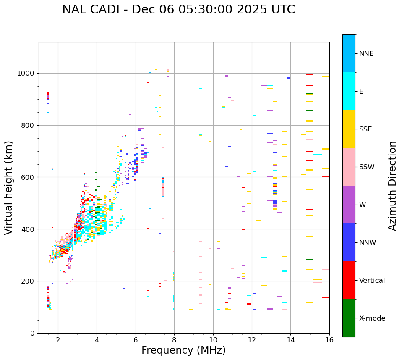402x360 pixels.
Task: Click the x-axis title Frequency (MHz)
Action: tap(183, 350)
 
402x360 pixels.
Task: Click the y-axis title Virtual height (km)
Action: tap(9, 187)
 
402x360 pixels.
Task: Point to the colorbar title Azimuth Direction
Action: tap(392, 185)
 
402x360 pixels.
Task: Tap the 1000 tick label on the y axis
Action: tap(26, 74)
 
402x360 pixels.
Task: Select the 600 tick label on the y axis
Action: tap(28, 177)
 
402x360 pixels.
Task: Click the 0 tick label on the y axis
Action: tap(32, 333)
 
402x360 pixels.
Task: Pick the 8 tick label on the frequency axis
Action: tap(174, 340)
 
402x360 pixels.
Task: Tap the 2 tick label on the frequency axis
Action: tap(58, 340)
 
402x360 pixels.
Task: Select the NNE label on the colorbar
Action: tap(366, 54)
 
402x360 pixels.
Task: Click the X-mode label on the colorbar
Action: tap(372, 318)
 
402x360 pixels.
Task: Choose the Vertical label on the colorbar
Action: tap(372, 281)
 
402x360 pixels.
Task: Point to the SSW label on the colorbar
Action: tap(367, 167)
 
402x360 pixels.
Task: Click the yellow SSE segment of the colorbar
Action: tap(349, 129)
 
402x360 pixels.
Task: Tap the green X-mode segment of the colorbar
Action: tap(349, 318)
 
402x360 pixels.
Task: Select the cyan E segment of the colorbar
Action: tap(349, 91)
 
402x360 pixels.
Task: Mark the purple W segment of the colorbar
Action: tap(349, 205)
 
